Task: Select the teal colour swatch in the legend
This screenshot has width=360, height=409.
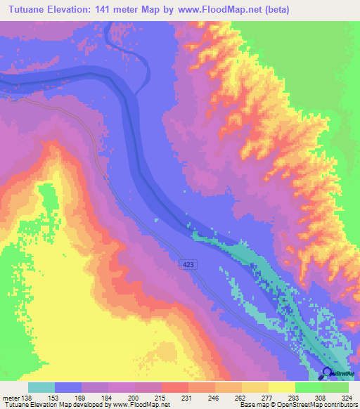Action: (41, 387)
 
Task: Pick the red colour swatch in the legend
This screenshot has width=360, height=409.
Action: (174, 387)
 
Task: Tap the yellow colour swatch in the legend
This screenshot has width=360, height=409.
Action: (281, 387)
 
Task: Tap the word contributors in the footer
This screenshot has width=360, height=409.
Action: (338, 405)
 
